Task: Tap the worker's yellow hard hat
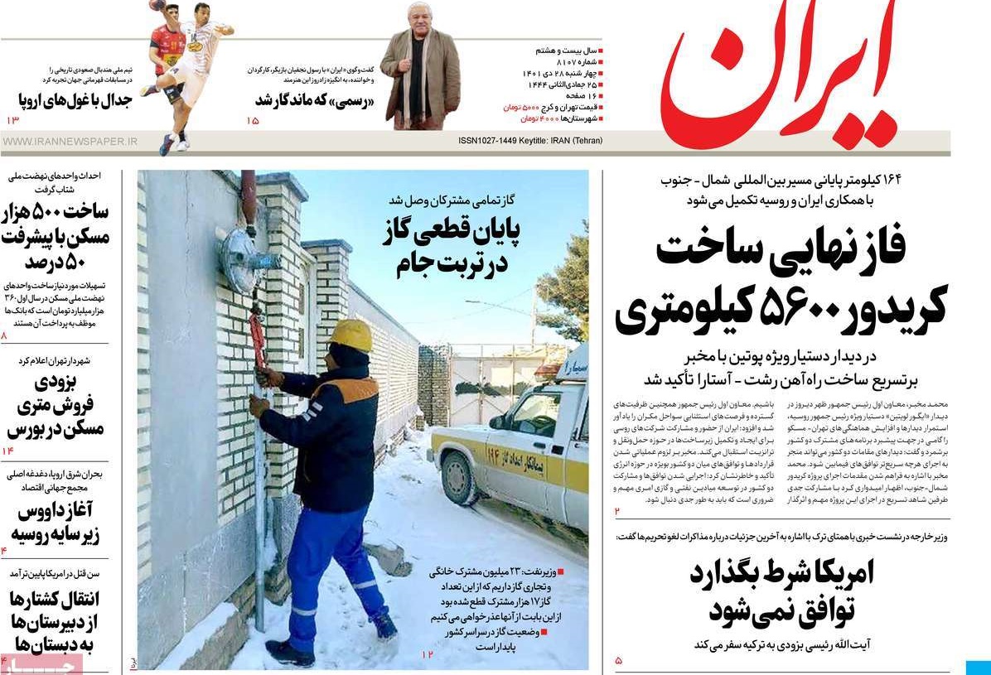pos(351,335)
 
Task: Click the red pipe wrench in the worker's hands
pos(258,340)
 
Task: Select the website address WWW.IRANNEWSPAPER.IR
pos(70,142)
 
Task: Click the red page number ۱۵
pos(253,122)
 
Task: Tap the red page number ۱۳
pos(12,122)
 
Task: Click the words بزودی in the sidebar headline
pos(56,383)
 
